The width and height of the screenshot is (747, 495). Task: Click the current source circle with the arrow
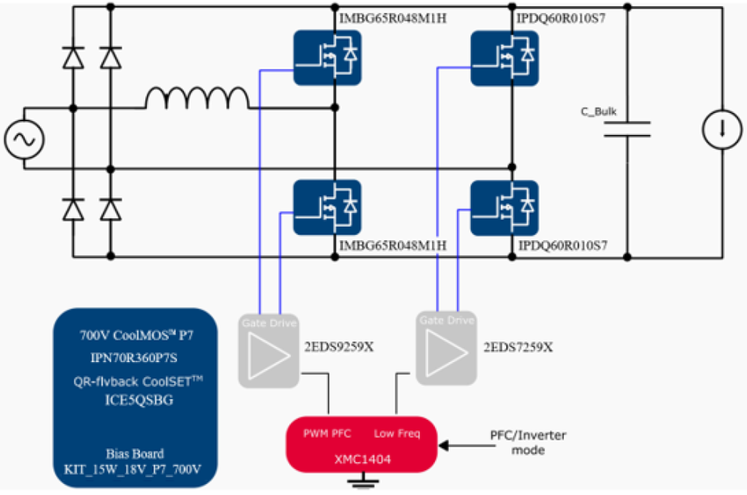(722, 129)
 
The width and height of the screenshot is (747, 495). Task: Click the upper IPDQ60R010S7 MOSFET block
(504, 58)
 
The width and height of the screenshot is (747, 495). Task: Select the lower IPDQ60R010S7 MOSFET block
(504, 207)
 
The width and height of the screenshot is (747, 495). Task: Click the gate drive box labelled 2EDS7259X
(447, 348)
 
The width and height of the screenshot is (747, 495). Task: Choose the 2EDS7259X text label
(518, 347)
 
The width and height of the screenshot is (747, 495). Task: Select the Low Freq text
(396, 434)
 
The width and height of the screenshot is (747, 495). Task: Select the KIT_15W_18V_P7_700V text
(134, 470)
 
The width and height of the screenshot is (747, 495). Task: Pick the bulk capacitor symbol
(627, 129)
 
